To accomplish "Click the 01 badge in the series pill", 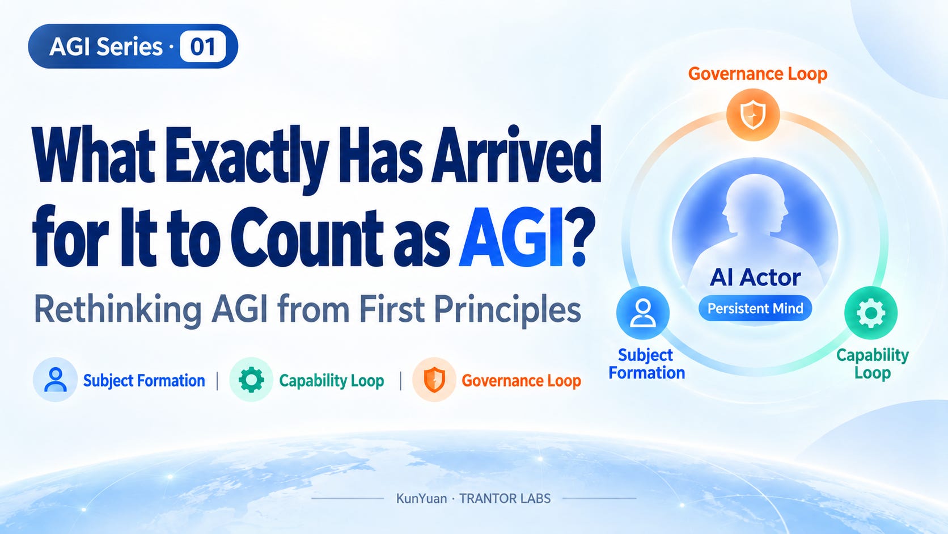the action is point(203,47).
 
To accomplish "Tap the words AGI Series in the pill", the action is point(106,47).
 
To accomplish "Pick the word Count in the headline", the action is point(306,237).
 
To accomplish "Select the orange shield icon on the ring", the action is point(753,115).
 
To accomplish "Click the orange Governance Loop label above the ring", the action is point(757,74).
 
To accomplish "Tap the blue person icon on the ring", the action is point(643,313).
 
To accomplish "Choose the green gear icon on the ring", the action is point(871,313).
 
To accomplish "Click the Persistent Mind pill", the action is point(755,308).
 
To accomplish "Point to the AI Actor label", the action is point(755,278).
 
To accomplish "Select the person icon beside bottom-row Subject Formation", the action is point(56,380).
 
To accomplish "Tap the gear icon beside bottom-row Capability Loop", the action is point(251,380).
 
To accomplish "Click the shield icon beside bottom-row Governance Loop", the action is point(434,380).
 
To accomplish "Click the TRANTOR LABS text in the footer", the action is point(505,499).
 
